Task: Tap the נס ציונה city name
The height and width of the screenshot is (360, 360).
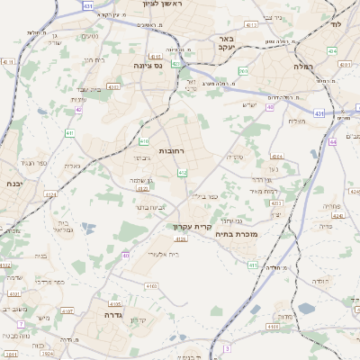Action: click(x=145, y=66)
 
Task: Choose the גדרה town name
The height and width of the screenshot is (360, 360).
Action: click(x=112, y=315)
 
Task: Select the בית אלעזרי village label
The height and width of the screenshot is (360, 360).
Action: click(x=161, y=255)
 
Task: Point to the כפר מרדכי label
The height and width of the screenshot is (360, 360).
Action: click(x=51, y=281)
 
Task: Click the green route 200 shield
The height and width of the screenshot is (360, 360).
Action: click(x=243, y=69)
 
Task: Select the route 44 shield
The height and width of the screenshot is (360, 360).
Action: click(x=332, y=141)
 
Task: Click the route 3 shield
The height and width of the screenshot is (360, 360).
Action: click(x=227, y=347)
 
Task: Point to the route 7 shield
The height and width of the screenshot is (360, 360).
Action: click(x=21, y=323)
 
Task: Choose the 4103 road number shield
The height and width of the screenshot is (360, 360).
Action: click(x=149, y=285)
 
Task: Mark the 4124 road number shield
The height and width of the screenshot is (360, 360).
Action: click(x=50, y=193)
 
